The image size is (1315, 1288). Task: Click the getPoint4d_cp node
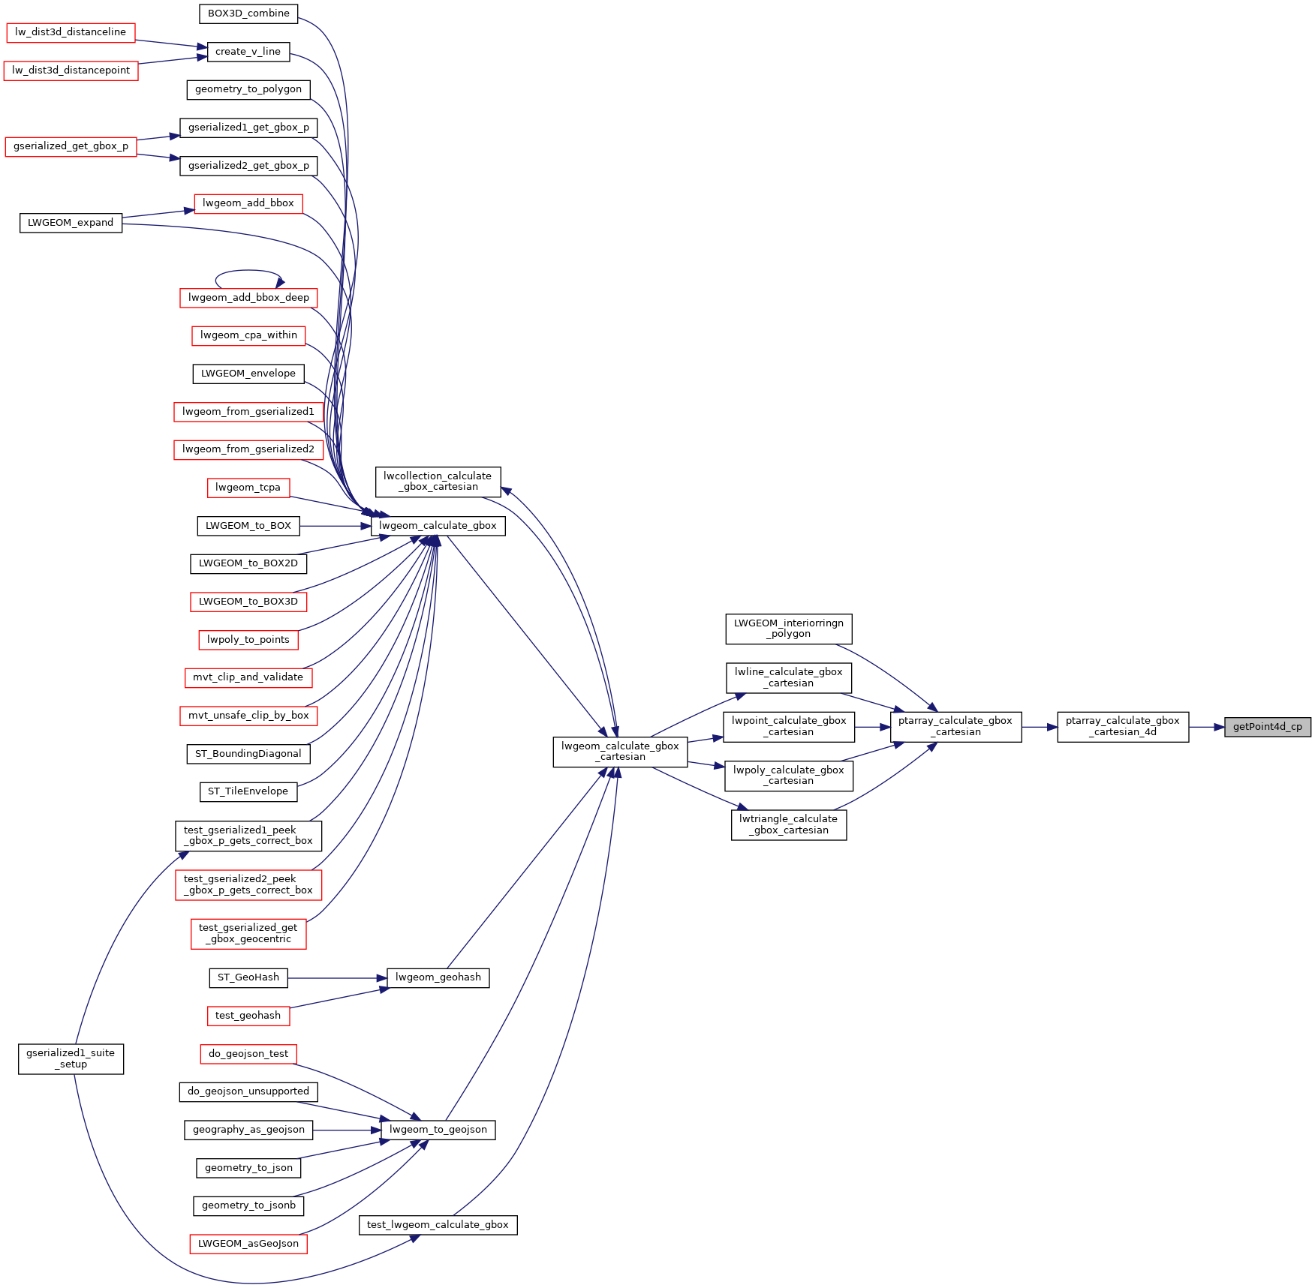point(1267,727)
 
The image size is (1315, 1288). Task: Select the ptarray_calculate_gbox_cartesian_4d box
point(1122,726)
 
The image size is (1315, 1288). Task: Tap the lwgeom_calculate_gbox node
point(438,526)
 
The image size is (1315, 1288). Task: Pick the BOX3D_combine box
point(248,14)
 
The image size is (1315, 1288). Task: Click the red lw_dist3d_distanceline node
point(71,32)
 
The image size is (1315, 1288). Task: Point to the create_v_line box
point(248,52)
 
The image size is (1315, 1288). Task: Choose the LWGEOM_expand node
point(71,223)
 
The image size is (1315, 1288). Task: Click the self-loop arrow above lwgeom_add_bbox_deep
point(248,271)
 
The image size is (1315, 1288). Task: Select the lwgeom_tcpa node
point(248,488)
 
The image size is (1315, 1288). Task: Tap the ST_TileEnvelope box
point(248,791)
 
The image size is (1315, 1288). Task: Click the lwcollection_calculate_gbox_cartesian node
point(437,482)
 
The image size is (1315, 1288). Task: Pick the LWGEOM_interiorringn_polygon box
point(788,629)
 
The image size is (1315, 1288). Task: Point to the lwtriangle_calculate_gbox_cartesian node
point(788,824)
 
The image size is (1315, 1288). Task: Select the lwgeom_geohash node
point(438,977)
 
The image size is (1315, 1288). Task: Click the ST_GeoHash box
point(248,977)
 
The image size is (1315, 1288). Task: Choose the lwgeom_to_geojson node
point(438,1130)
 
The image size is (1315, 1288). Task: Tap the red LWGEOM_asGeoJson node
point(248,1244)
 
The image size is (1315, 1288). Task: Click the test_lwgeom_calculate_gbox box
point(438,1225)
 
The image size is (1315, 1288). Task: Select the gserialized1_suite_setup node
point(71,1058)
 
